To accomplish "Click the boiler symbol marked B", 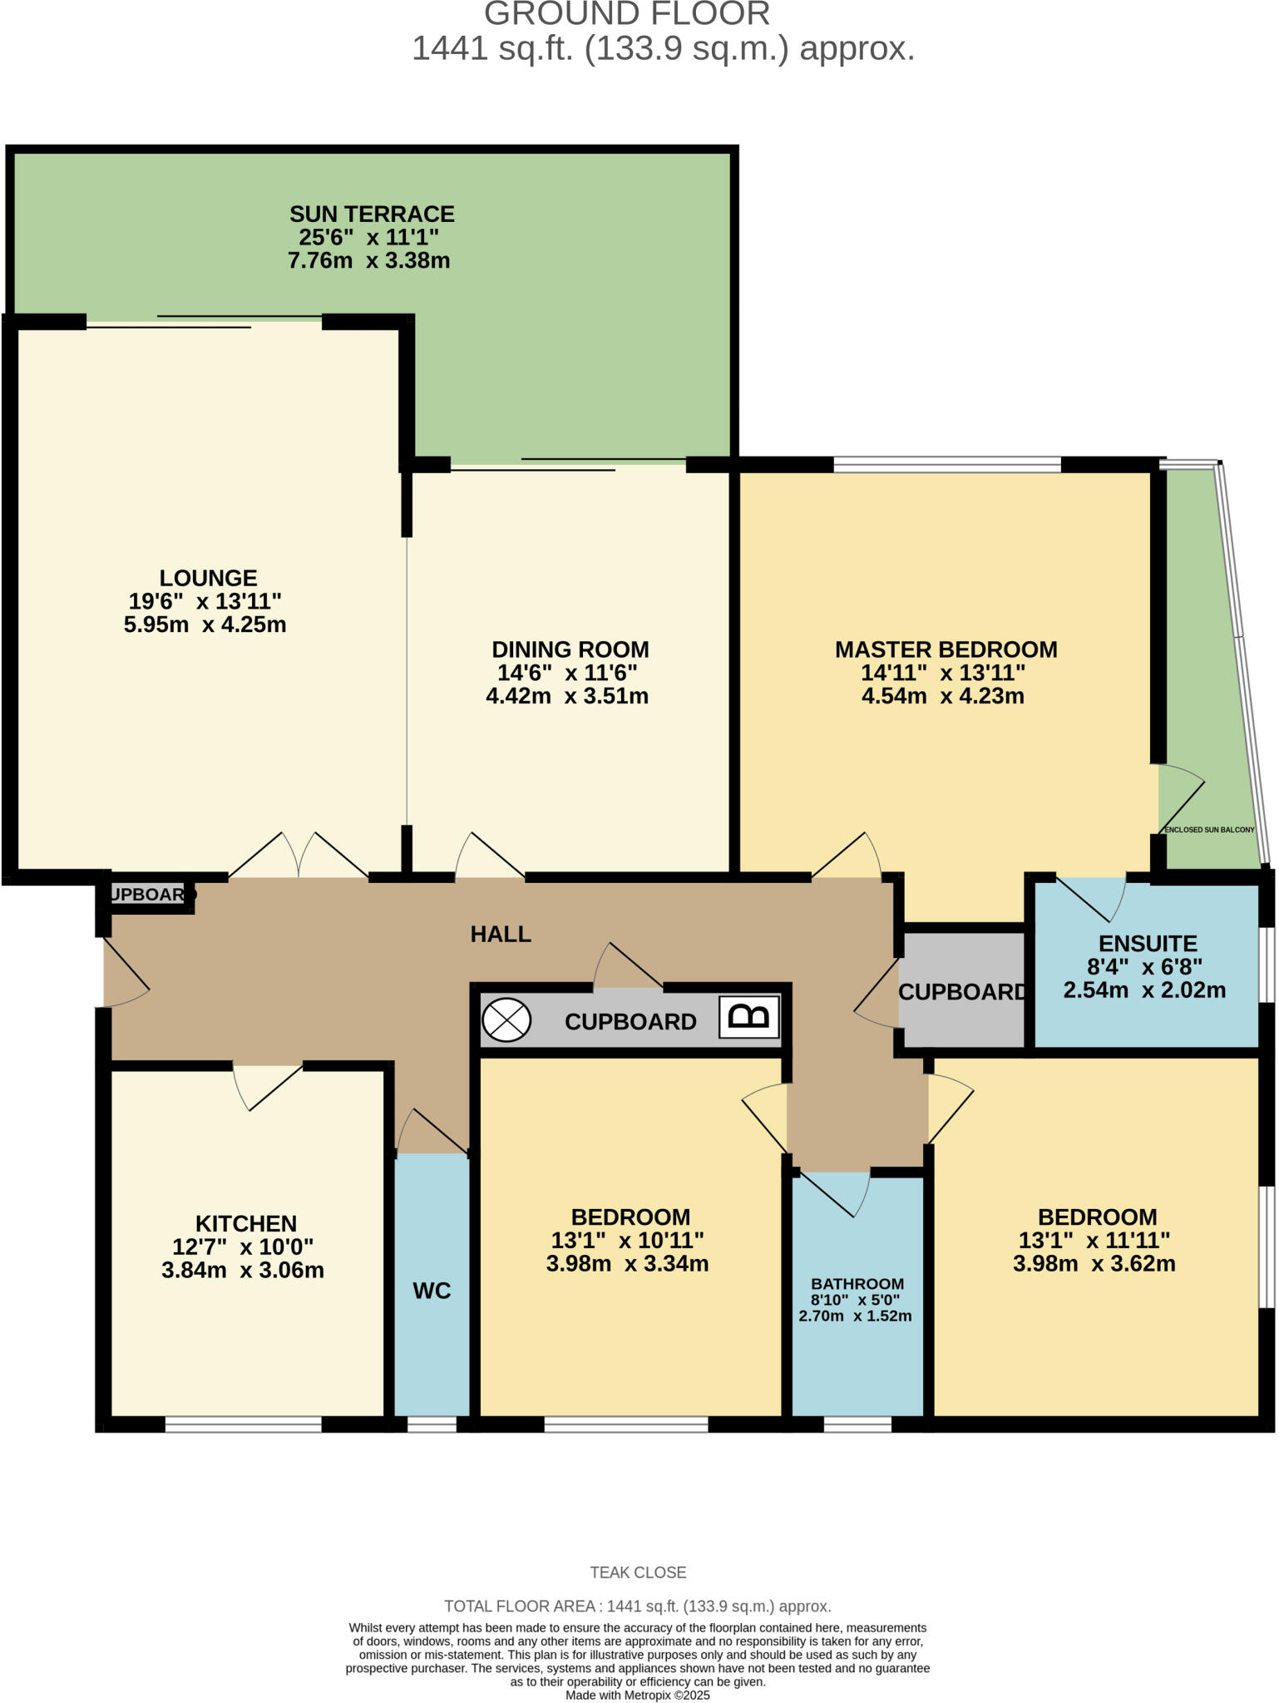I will [x=748, y=1017].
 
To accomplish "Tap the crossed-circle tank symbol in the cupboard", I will [x=506, y=1019].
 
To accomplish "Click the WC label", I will [x=432, y=1291].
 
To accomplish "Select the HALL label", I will [x=501, y=934].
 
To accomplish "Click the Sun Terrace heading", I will [x=372, y=214].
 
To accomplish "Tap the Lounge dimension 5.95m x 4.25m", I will [x=205, y=624].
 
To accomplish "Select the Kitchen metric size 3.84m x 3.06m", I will [x=243, y=1270].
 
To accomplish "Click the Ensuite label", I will [x=1147, y=943].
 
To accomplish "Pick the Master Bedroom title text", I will [x=946, y=649].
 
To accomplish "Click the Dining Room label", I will [x=570, y=649].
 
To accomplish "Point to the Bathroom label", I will [x=857, y=1284].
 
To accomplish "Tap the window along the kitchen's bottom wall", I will [x=243, y=1424].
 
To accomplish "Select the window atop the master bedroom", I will [x=946, y=464].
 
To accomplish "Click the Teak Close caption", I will [x=638, y=1572].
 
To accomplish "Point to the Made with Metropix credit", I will [x=638, y=1695].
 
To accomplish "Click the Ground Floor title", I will [x=627, y=14].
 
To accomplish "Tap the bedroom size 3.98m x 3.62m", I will [x=1094, y=1264].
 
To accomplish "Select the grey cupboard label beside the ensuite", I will [x=962, y=992].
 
